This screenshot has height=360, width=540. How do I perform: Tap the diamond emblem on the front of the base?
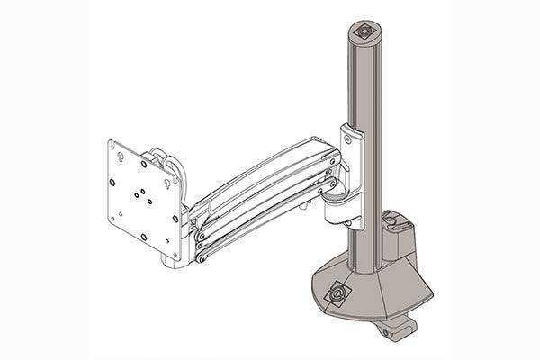339,293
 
